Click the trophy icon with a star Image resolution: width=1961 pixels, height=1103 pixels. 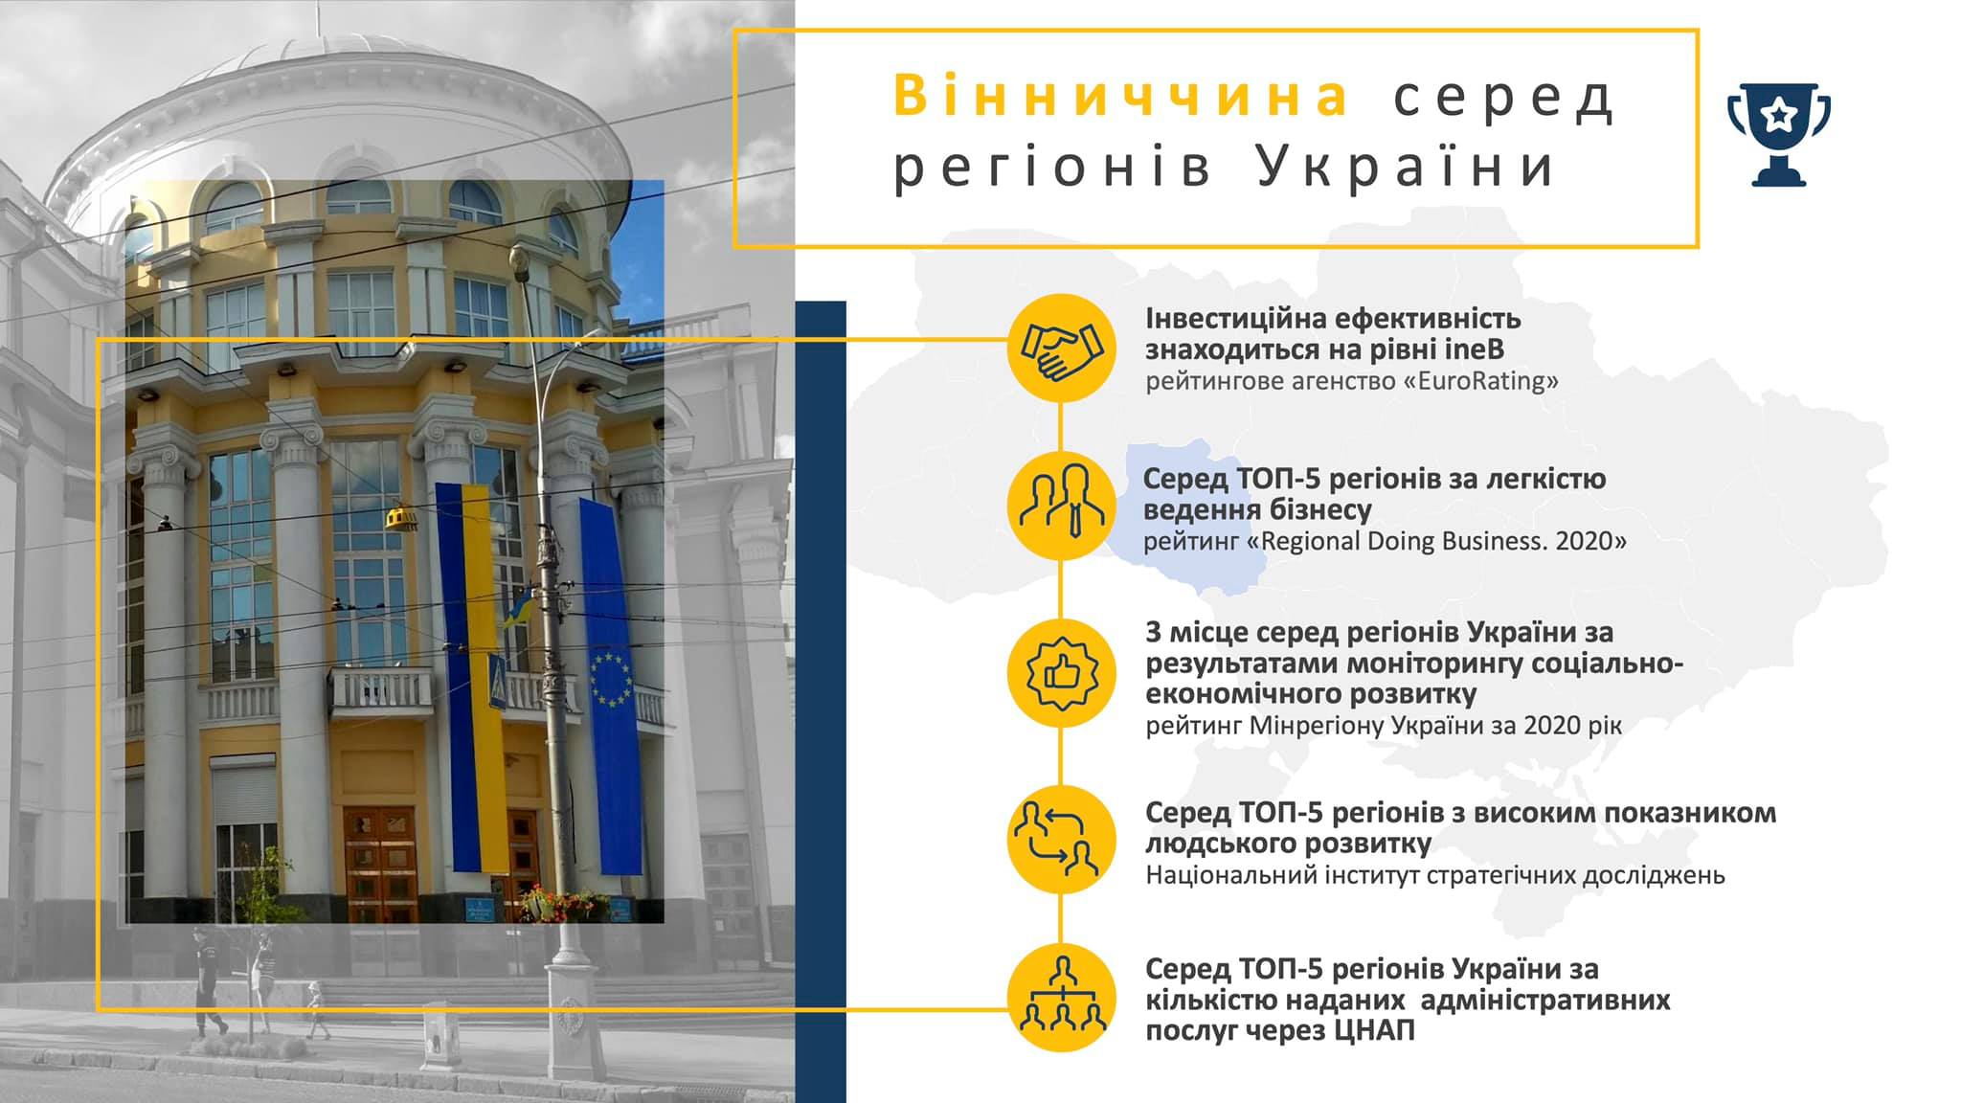(x=1778, y=134)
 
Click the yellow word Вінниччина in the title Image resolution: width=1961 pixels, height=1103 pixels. (x=1123, y=97)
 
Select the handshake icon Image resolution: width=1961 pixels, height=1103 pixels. (x=1061, y=349)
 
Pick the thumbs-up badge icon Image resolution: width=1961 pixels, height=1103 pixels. (x=1061, y=673)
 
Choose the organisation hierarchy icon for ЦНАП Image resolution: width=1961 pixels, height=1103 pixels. (x=1061, y=998)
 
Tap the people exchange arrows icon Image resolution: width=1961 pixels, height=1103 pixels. (x=1061, y=840)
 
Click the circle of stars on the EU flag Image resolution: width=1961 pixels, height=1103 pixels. (x=611, y=679)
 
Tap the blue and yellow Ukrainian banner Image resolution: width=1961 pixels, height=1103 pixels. (x=470, y=676)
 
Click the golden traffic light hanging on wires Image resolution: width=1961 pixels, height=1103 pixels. (x=403, y=517)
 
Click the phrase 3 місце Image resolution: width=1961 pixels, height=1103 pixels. (x=1197, y=633)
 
